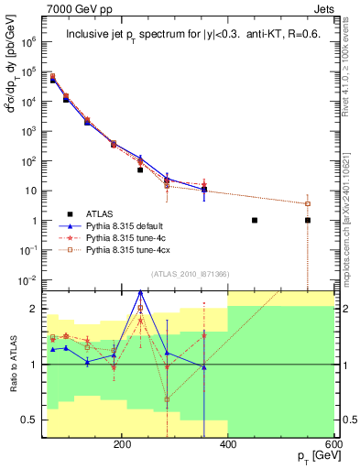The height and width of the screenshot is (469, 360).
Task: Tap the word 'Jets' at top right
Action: click(x=324, y=11)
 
